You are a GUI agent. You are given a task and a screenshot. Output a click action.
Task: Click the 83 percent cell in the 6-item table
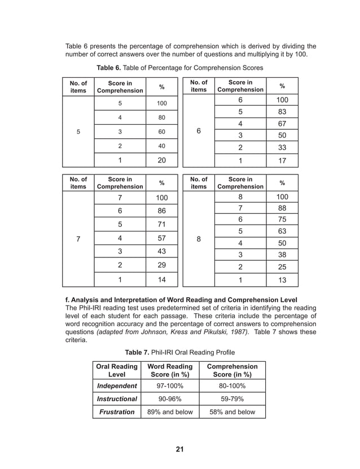[282, 112]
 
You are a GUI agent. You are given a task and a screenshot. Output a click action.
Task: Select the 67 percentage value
[282, 124]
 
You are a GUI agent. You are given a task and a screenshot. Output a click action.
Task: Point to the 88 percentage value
[282, 208]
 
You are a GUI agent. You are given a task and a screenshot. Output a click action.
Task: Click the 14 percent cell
[161, 279]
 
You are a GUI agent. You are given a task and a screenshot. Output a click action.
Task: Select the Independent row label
[117, 386]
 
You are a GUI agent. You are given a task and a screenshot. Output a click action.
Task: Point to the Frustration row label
[117, 412]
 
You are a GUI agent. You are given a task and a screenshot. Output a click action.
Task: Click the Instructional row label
[117, 399]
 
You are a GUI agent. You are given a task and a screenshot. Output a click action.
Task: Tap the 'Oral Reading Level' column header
[117, 370]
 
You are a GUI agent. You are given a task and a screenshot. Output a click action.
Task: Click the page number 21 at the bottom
[180, 449]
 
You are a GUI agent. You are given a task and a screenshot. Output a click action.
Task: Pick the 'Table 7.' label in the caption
[138, 352]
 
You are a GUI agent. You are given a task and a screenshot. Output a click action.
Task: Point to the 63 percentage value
[282, 231]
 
